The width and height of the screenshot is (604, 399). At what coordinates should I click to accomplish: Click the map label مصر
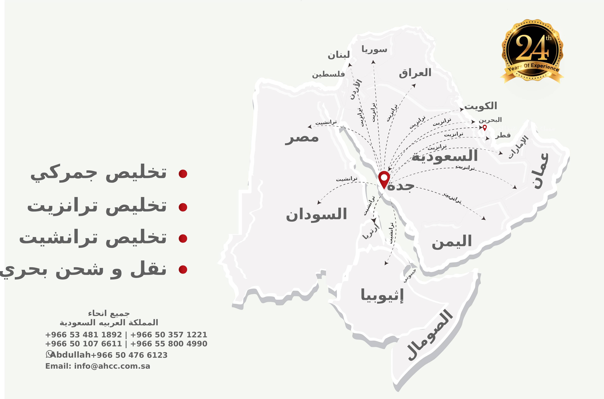coord(302,138)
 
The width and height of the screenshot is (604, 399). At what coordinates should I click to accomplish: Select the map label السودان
coord(316,214)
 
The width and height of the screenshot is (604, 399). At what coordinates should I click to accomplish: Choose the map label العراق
coord(415,73)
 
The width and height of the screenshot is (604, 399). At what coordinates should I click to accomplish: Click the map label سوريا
coord(374,49)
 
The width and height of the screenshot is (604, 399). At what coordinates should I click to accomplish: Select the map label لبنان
coord(338,55)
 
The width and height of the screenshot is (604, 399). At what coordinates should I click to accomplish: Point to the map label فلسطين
coord(329,74)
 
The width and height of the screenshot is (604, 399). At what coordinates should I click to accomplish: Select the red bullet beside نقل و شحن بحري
coord(183,269)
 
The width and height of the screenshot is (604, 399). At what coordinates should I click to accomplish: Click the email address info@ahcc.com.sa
coord(112,366)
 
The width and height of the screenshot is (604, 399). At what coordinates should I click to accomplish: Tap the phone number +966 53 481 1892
coord(84,335)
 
